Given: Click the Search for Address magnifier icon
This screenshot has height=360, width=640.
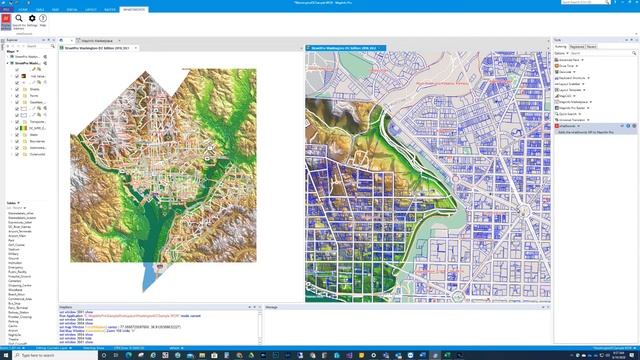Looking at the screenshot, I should coord(19,18).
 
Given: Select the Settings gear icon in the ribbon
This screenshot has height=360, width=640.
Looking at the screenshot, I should coord(32,18).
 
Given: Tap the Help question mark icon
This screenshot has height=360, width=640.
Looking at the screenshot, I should coord(43,18).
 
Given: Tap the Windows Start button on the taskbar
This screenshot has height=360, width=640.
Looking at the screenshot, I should coord(4,356).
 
